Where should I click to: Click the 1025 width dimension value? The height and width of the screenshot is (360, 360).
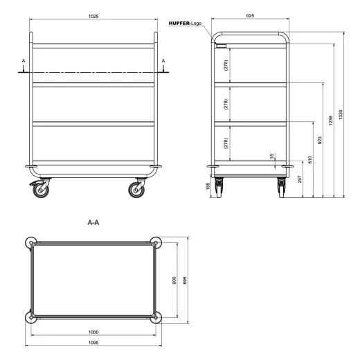92,15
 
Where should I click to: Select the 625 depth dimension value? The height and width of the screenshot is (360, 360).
250,15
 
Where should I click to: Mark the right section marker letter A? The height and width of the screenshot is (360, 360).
163,61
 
